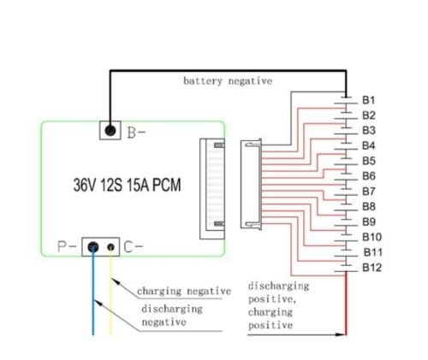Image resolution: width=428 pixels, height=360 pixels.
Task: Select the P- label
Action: (x=65, y=248)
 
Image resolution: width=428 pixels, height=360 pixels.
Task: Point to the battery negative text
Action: (x=227, y=81)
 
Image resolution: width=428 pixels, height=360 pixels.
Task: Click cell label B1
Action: (x=369, y=100)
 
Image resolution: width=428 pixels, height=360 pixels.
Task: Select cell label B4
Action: (x=369, y=145)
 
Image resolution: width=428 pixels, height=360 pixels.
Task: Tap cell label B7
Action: (x=369, y=191)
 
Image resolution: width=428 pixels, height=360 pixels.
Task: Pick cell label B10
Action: (x=372, y=237)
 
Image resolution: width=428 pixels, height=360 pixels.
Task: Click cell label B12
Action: (x=372, y=268)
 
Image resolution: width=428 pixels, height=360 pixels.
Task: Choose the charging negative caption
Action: (x=181, y=291)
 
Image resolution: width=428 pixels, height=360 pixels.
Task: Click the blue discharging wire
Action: (x=93, y=308)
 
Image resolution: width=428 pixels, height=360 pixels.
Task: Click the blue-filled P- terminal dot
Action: (x=93, y=248)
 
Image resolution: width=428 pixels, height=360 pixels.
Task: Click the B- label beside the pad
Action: (x=137, y=133)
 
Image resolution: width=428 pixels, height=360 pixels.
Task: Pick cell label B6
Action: (x=369, y=176)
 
